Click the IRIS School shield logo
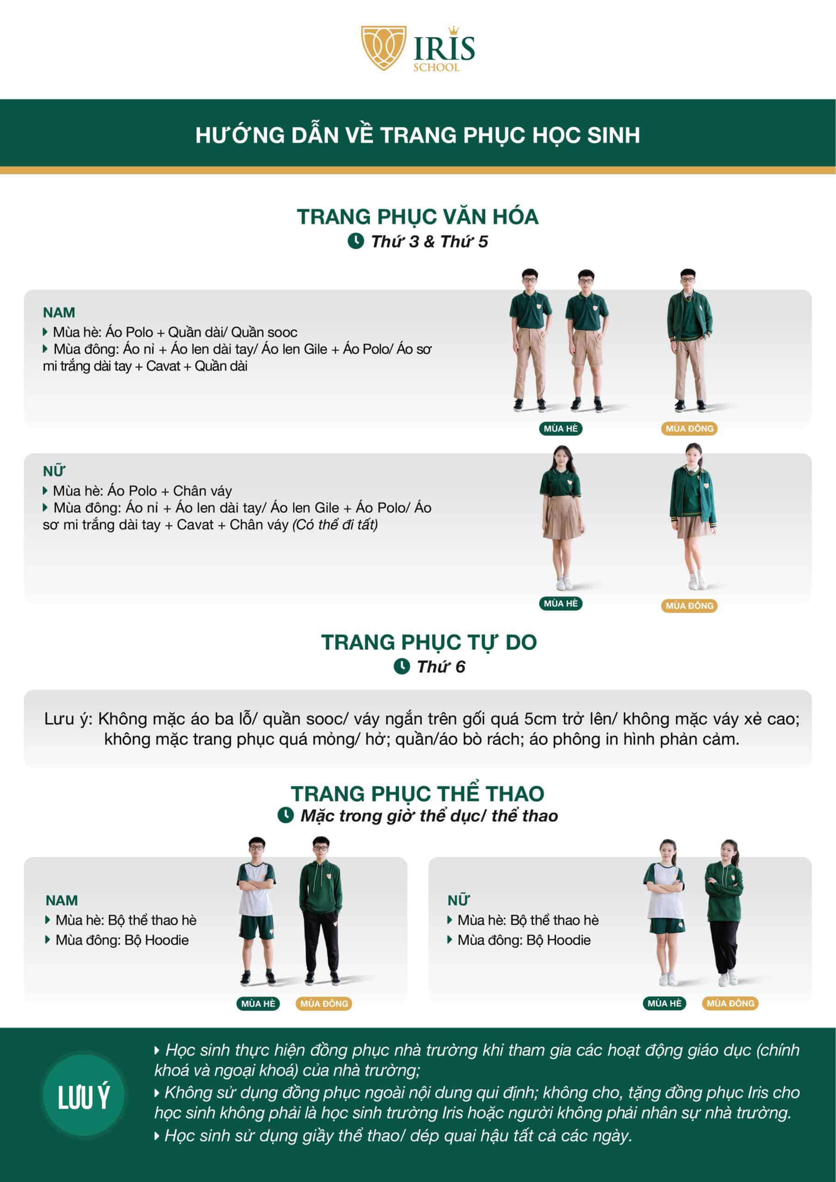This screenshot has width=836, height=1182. coord(384,48)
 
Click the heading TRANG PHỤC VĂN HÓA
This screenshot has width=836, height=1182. coord(417,217)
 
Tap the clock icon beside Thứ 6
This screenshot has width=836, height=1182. coord(402,666)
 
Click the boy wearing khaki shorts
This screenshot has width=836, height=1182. coord(587,340)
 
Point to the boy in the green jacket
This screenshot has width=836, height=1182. coord(690,340)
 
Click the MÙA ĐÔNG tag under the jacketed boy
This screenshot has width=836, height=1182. coord(689,428)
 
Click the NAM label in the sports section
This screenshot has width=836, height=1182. coord(61,900)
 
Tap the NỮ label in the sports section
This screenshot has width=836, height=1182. coord(458,900)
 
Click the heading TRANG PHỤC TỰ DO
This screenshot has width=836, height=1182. coord(429,642)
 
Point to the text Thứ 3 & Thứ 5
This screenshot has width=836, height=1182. coord(429,241)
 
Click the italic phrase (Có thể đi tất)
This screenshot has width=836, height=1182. coord(335,525)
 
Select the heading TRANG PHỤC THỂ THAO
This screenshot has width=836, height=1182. coord(417,793)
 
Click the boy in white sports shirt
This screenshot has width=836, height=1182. coord(256,911)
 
